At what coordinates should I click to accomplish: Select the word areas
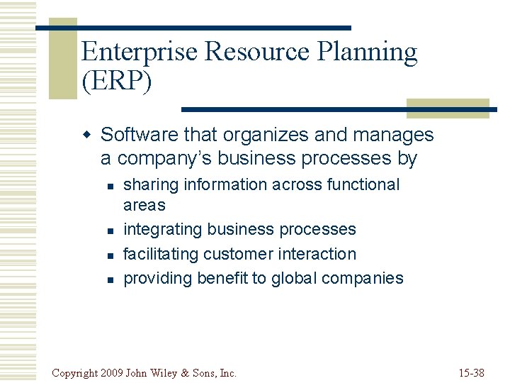click(144, 206)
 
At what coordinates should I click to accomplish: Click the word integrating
click(161, 230)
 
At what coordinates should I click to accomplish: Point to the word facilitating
click(161, 254)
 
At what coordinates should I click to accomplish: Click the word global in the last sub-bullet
click(295, 278)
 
